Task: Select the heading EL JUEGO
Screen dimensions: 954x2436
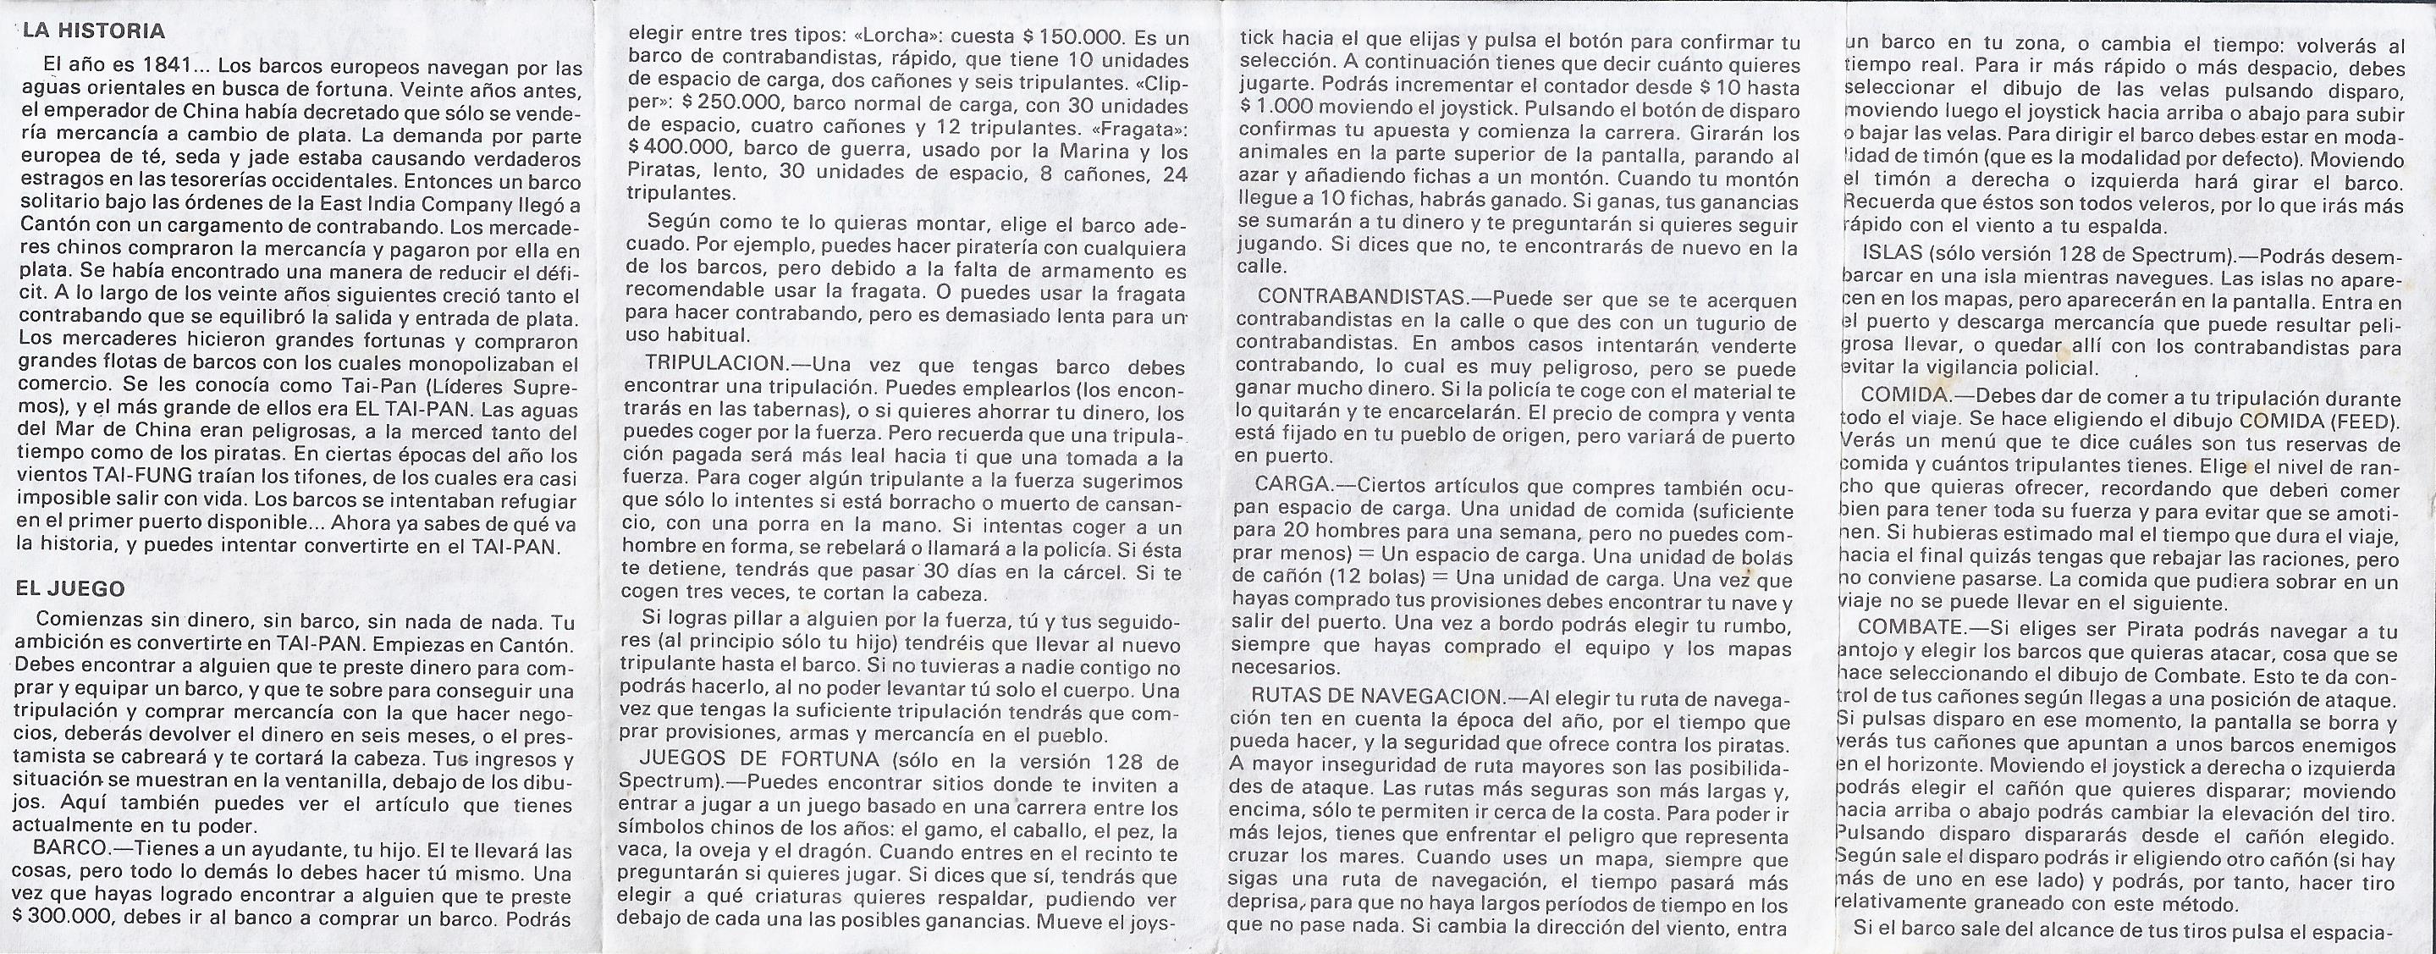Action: click(x=70, y=588)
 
